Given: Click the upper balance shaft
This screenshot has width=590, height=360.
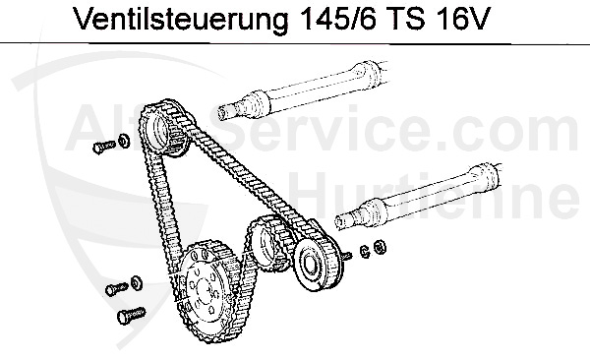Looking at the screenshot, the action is (x=315, y=93).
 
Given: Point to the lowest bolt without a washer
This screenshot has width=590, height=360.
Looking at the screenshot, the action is (x=127, y=318).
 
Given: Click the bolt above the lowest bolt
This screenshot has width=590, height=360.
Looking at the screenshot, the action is (x=113, y=289).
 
